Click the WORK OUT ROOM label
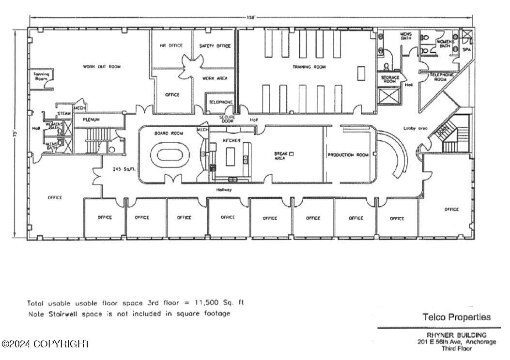point(101,67)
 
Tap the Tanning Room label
point(41,76)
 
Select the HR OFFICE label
point(171,45)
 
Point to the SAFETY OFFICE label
point(215,46)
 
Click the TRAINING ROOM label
point(309,67)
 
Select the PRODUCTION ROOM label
point(348,155)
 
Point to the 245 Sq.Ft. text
point(124,169)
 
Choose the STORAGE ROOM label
point(390,79)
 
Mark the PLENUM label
point(91,119)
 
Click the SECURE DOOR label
point(227,119)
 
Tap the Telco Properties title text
point(456,317)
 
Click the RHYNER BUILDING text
point(456,335)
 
